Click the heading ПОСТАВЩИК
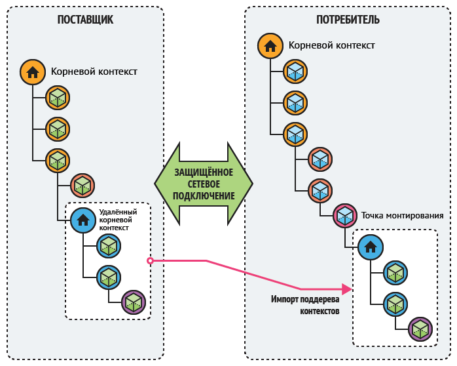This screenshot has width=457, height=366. tap(85, 19)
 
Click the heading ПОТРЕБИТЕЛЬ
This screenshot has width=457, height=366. tap(348, 19)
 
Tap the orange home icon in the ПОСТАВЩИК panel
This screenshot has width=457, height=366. tap(32, 71)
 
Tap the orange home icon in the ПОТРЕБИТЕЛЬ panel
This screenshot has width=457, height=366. tap(270, 46)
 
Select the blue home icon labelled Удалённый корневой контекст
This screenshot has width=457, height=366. tap(83, 220)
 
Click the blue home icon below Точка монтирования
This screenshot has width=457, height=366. tap(370, 247)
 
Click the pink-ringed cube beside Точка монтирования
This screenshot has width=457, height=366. tap(344, 215)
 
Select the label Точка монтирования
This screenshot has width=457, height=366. tap(402, 215)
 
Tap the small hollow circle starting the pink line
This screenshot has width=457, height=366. tap(150, 260)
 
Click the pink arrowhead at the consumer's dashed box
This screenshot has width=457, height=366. tap(347, 288)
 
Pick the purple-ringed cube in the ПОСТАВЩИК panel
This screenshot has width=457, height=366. tap(134, 302)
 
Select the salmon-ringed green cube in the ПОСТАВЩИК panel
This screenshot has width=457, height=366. tap(82, 186)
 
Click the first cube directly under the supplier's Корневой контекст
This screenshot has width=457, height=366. tap(58, 98)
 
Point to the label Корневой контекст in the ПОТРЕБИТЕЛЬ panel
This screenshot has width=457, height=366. tap(331, 45)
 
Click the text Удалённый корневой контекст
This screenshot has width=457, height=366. tap(118, 220)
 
